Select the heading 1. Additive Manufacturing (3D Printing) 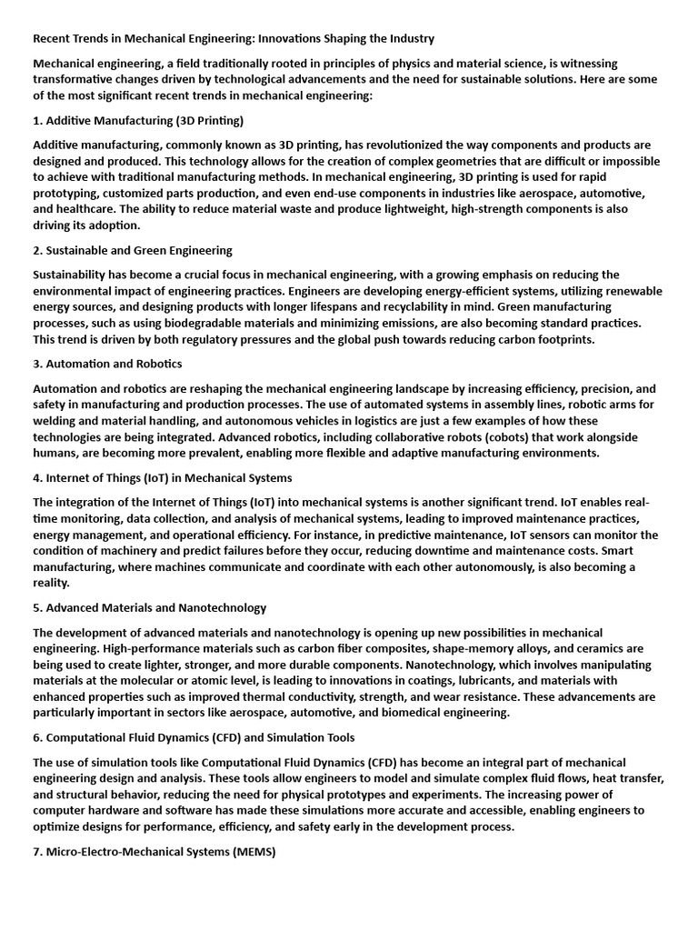coord(138,120)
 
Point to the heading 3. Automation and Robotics coord(107,364)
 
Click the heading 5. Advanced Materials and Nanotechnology coord(150,607)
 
